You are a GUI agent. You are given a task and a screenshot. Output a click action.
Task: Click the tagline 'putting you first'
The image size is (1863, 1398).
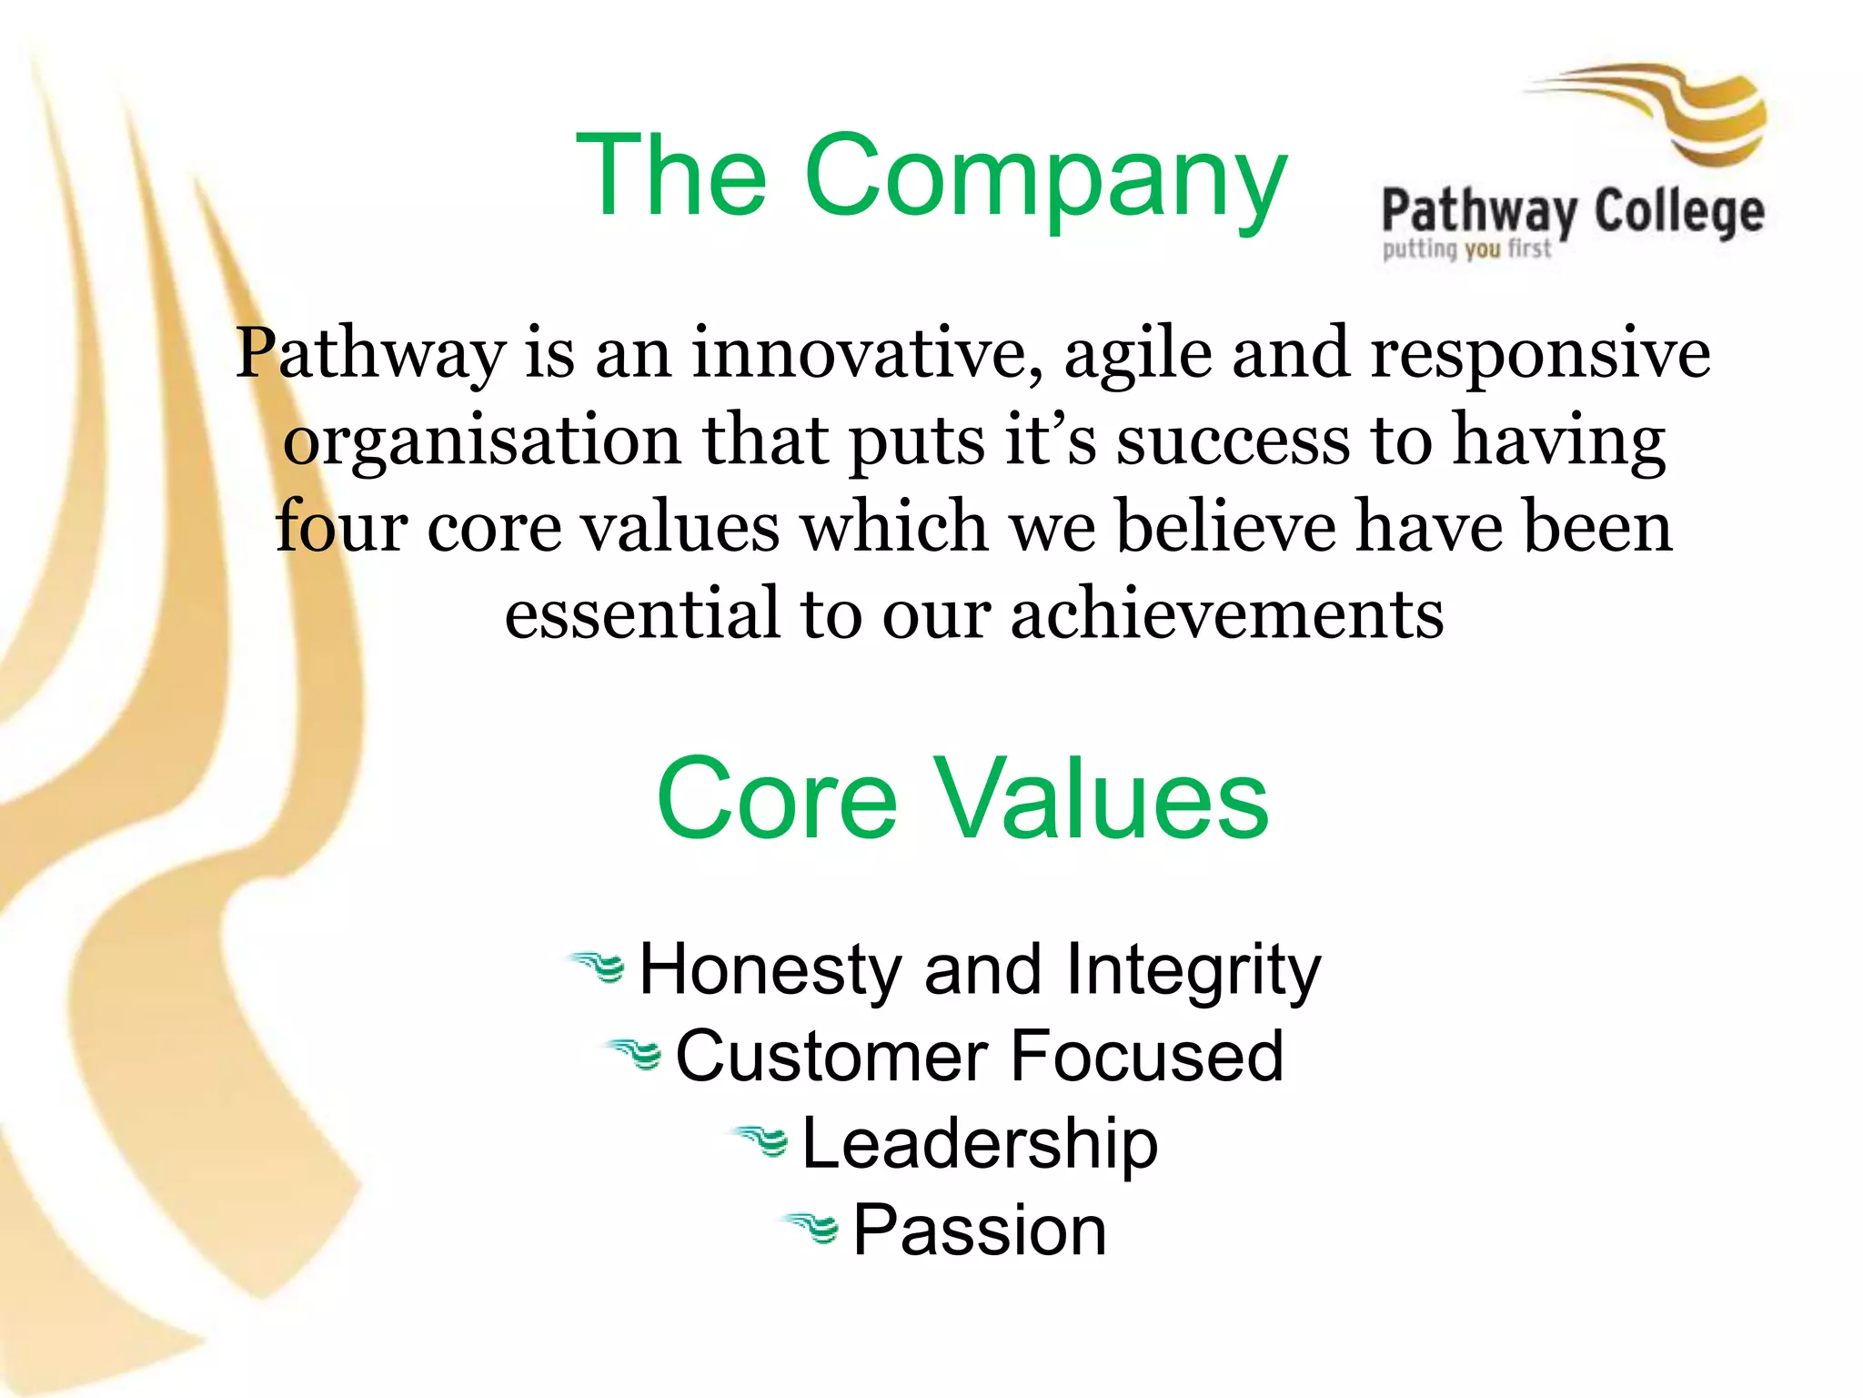(x=1466, y=248)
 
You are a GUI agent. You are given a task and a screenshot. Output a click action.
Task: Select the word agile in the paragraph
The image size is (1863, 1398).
(x=1137, y=354)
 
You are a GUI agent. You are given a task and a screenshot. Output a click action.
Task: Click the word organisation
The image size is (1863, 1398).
(x=482, y=442)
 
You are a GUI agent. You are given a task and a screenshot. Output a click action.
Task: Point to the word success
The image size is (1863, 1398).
(x=1233, y=441)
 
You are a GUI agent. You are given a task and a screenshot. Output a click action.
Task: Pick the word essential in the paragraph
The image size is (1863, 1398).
(x=642, y=613)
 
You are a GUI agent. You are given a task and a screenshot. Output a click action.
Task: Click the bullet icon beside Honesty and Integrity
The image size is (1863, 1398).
(x=597, y=967)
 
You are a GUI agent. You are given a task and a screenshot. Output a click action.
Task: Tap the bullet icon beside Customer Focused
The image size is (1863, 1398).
(x=633, y=1054)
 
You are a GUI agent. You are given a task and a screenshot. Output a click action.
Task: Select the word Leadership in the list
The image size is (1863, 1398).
(x=980, y=1144)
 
